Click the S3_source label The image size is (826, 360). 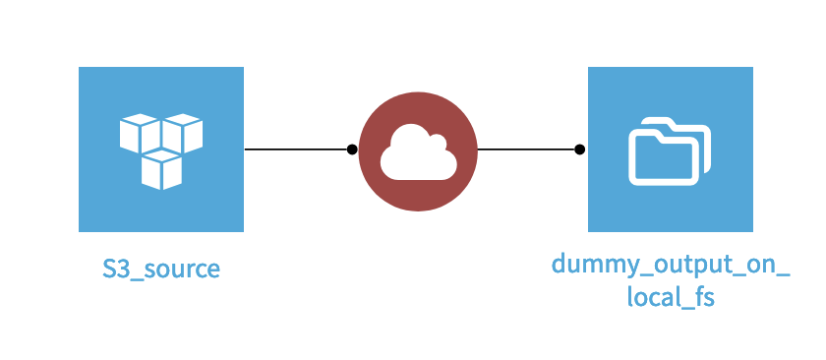(x=161, y=268)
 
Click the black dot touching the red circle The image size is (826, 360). (x=352, y=150)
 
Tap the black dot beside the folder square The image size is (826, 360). (x=580, y=150)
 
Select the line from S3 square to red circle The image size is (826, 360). (x=295, y=150)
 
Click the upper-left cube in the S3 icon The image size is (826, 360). (x=140, y=133)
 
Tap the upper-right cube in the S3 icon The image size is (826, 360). (x=183, y=133)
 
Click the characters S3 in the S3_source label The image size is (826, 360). (x=116, y=268)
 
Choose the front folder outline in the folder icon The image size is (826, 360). (x=661, y=156)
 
